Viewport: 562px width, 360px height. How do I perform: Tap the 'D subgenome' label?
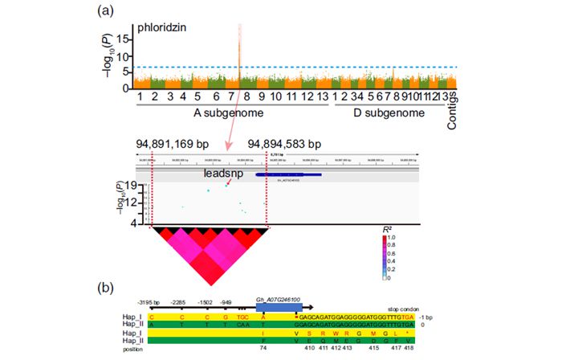point(389,114)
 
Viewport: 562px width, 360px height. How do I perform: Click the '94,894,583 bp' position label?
point(285,144)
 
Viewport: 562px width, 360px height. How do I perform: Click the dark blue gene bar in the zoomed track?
point(289,174)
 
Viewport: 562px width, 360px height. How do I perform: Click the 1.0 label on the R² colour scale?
point(392,238)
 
